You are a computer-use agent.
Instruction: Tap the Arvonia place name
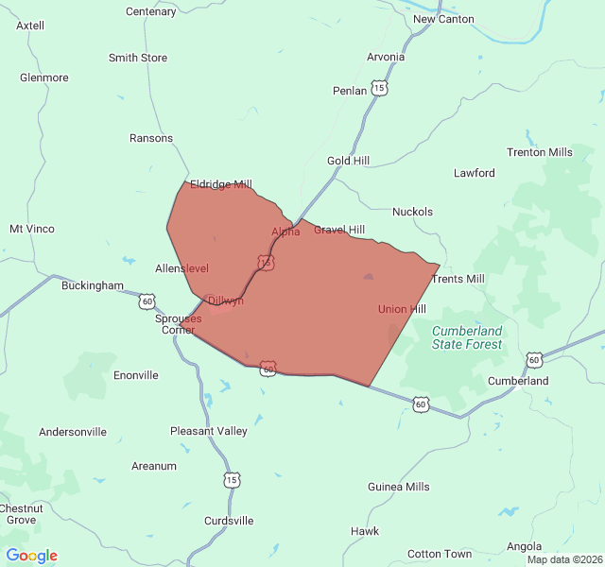point(386,57)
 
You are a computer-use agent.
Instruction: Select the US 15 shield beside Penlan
point(379,88)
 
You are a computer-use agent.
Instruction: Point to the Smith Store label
point(138,58)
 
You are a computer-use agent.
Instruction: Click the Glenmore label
point(43,77)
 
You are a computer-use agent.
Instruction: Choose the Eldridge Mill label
point(221,184)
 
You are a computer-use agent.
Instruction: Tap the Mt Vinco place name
point(32,229)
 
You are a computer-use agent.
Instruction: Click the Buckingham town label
point(93,284)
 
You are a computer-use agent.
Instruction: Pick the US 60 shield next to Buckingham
point(147,301)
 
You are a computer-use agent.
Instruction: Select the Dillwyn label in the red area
point(226,301)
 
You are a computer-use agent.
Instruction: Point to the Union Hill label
point(402,309)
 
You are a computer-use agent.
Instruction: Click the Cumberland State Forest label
point(467,337)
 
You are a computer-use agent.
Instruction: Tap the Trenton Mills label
point(540,152)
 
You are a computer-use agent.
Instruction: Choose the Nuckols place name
point(412,212)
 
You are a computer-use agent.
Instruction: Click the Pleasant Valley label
point(209,431)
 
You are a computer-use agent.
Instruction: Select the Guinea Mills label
point(399,487)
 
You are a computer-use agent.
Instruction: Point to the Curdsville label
point(229,521)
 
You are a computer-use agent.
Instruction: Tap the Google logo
point(31,556)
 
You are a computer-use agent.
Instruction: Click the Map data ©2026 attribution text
point(563,559)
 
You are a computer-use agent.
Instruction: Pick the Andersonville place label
point(73,432)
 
